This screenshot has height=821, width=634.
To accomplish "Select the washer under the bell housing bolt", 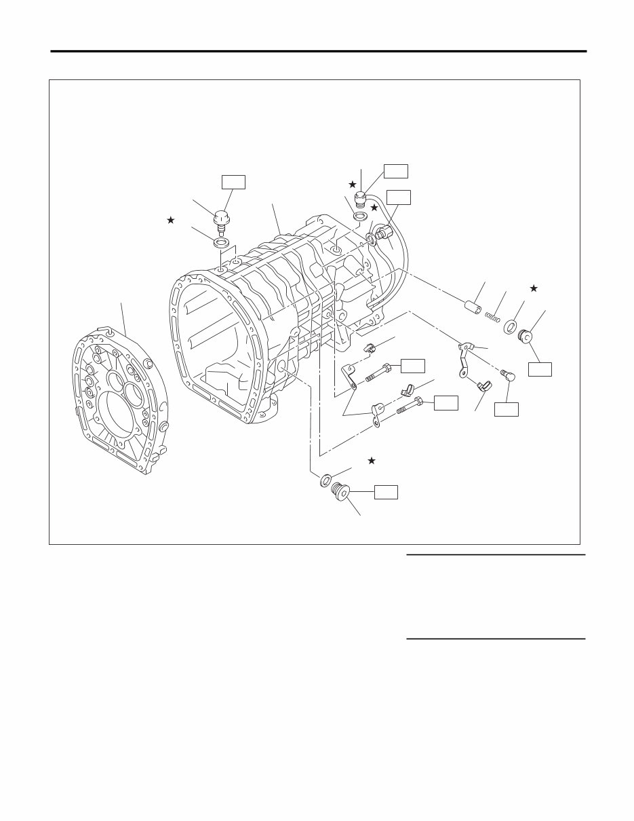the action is point(220,243).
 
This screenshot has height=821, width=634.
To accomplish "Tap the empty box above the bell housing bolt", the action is point(233,181).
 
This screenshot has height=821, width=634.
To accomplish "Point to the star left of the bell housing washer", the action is point(171,220).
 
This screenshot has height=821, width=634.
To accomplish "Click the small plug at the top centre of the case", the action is point(361,199).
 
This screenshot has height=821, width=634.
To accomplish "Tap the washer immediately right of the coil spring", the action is point(512,324).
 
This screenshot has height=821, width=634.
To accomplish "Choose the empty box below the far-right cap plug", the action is point(540,368).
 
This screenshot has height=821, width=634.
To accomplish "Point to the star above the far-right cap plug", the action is point(534,289).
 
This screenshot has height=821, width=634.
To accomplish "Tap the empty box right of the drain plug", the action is point(387,492).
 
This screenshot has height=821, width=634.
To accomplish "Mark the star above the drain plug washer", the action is point(372,461).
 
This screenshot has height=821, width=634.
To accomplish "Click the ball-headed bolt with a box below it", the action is point(508,374).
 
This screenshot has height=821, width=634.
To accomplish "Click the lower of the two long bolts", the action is point(408,406).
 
